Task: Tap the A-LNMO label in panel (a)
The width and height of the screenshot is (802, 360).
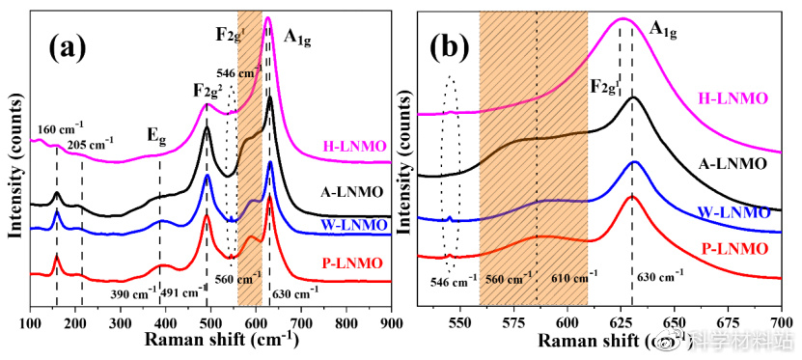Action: coord(354,192)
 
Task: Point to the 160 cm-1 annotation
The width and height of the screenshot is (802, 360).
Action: coord(60,129)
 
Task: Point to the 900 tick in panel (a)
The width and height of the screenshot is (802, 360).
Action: coord(391,324)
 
